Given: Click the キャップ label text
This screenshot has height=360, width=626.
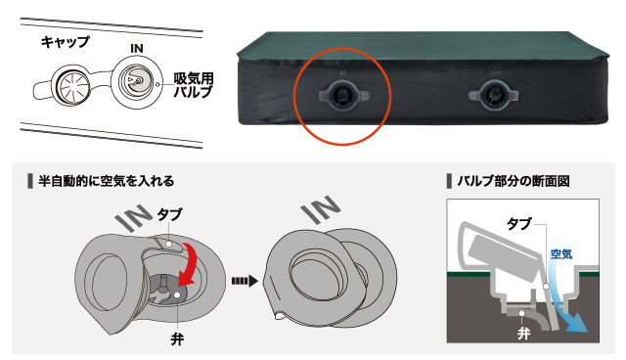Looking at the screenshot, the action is [66, 41].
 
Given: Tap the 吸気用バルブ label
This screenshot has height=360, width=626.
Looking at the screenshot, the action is [194, 85].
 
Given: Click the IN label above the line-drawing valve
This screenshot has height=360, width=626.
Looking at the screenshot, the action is [137, 48].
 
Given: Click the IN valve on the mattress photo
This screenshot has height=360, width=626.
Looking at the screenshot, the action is [343, 96].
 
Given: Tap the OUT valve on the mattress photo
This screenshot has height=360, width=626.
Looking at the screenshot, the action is [493, 96].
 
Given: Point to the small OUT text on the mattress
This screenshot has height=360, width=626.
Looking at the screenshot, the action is [495, 73].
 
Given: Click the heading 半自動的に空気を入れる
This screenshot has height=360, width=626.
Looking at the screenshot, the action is [107, 181].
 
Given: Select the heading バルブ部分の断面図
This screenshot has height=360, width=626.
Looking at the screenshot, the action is [514, 181].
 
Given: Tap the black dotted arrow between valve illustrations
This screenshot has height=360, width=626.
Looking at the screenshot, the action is [244, 281].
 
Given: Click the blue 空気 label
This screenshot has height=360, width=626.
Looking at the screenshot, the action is [561, 254].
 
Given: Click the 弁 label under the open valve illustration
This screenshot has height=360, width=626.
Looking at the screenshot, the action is [177, 339].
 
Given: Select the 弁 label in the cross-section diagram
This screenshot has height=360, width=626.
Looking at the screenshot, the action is [523, 334].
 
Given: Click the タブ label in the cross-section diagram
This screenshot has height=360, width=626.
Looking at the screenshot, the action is [519, 224].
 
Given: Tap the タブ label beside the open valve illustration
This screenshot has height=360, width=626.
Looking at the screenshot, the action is [169, 214].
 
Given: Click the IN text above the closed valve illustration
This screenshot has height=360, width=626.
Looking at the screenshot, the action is [321, 209].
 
